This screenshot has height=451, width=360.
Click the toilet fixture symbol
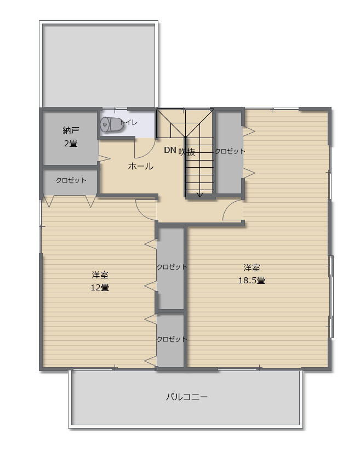(x=112, y=124)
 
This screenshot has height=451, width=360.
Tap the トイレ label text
(x=129, y=122)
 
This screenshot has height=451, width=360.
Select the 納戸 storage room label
(x=71, y=130)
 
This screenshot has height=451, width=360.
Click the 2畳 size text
(x=71, y=143)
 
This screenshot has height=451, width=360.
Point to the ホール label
(x=141, y=166)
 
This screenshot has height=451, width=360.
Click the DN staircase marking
(x=170, y=150)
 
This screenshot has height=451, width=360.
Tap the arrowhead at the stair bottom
(x=200, y=195)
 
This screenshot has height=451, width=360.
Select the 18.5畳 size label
(x=252, y=280)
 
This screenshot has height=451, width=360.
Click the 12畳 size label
(x=100, y=287)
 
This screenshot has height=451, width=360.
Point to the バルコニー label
(x=187, y=397)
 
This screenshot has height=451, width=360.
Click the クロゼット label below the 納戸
(x=71, y=180)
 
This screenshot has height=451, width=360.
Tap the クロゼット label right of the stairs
(x=230, y=151)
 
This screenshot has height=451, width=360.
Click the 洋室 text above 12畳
(x=100, y=275)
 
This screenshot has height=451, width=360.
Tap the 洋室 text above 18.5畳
(x=252, y=268)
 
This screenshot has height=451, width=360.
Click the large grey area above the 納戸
(x=99, y=65)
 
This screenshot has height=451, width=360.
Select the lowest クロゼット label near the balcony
(x=172, y=339)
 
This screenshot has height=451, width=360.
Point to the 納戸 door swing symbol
(x=104, y=158)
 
